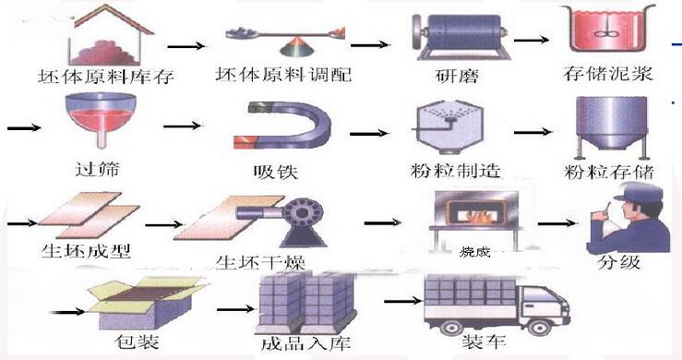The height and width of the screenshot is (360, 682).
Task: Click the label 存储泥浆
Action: [606, 72]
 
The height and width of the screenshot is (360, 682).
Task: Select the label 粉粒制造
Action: [447, 172]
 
